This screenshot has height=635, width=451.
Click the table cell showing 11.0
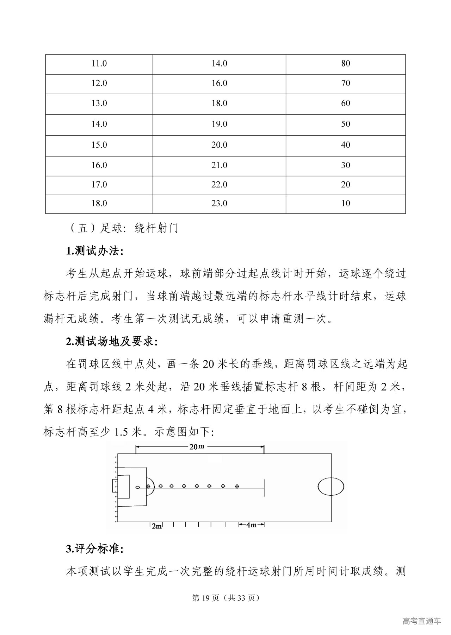coord(99,64)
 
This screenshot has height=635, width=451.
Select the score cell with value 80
coord(345,64)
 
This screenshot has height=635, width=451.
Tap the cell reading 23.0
coord(219,203)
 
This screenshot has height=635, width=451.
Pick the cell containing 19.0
coord(219,124)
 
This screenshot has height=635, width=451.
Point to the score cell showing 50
coord(345,124)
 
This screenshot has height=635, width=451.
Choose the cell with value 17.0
coord(99,185)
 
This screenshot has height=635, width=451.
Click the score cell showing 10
coord(345,203)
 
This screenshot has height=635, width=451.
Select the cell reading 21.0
coord(219,165)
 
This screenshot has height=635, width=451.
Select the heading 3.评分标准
coord(94,549)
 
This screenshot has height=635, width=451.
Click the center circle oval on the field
coord(331,486)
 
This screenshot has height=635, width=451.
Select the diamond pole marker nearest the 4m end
coord(237,486)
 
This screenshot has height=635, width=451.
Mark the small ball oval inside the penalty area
coord(138,487)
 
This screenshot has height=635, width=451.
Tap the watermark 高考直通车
coord(421,621)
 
